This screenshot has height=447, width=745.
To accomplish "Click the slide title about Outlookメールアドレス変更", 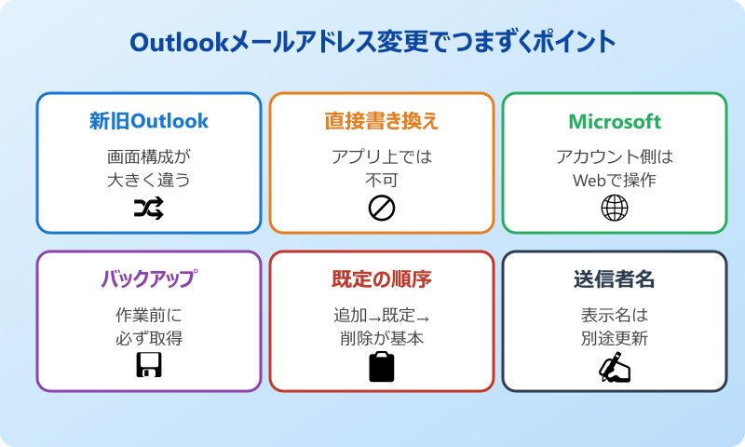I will [x=372, y=43].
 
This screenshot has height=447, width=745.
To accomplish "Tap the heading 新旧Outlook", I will [x=149, y=121].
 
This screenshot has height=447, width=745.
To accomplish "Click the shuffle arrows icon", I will [x=149, y=210].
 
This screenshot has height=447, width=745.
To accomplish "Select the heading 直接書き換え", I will [x=382, y=121].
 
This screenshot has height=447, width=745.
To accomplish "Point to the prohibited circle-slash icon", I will [x=382, y=210].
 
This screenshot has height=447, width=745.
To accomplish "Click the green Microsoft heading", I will [x=615, y=121].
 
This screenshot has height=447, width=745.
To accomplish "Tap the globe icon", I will [x=615, y=209].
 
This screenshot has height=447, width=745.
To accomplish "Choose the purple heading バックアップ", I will [x=149, y=279].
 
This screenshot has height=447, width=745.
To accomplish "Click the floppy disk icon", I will [x=149, y=367].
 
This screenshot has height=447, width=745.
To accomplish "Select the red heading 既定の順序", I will [x=382, y=279].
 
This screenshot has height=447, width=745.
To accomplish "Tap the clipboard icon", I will [x=382, y=367].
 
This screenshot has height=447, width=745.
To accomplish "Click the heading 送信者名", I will [x=615, y=279].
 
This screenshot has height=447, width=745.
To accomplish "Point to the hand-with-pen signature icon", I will [x=615, y=368].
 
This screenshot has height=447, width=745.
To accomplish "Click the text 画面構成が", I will [x=149, y=156].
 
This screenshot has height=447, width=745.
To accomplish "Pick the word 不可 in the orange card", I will [x=382, y=180].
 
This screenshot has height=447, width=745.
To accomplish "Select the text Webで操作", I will [x=615, y=180].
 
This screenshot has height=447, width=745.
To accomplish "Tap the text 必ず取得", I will [x=149, y=338].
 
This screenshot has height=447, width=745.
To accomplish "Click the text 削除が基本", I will [x=382, y=338].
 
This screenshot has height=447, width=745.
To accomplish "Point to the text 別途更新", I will [x=615, y=338].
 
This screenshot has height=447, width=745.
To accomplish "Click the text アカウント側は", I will [x=615, y=156].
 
